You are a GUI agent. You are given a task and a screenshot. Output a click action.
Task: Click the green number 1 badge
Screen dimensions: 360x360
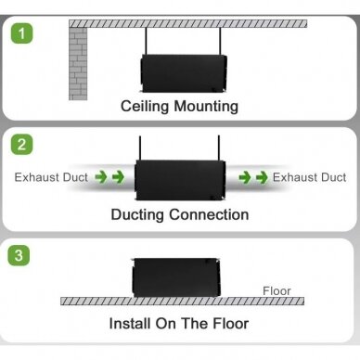(21, 32)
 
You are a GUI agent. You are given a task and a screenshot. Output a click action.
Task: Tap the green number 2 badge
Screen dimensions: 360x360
(21, 144)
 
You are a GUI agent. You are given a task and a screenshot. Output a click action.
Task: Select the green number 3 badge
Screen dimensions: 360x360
(19, 255)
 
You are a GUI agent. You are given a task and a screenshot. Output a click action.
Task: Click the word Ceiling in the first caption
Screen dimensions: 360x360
(145, 107)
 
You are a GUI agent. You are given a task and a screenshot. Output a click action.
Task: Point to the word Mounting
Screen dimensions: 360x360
(206, 107)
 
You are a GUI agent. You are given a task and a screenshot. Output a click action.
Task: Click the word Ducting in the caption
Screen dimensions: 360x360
(137, 215)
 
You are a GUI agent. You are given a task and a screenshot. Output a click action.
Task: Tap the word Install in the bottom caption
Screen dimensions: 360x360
(130, 324)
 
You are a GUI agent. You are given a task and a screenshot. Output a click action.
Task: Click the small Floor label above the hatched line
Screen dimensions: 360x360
(276, 291)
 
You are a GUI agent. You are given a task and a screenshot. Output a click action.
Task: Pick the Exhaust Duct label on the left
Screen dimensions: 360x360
(51, 177)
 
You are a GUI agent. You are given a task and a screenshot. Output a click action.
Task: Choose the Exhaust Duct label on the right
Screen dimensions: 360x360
(309, 177)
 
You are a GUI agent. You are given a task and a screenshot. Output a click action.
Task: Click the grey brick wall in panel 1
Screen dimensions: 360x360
(78, 64)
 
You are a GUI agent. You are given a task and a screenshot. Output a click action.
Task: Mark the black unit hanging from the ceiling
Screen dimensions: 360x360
(184, 73)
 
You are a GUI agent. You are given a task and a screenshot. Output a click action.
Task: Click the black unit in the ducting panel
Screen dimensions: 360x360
(180, 180)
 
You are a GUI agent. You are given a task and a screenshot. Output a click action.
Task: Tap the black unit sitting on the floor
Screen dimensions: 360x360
(176, 277)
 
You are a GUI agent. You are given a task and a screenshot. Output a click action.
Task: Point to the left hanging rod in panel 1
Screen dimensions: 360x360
(146, 41)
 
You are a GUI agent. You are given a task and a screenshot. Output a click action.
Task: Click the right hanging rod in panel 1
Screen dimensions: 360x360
(220, 41)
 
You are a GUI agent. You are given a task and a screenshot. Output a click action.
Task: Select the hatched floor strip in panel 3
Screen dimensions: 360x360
(182, 301)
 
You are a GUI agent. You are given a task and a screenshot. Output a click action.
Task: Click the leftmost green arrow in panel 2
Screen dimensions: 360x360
(101, 177)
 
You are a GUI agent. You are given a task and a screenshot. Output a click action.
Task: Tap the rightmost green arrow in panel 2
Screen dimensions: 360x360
(262, 177)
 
